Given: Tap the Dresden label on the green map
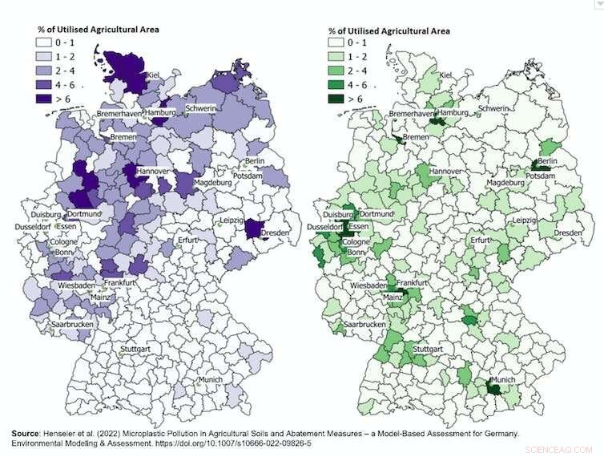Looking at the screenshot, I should pyautogui.click(x=568, y=233).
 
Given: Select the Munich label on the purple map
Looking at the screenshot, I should pyautogui.click(x=211, y=378).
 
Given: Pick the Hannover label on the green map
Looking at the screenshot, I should pyautogui.click(x=445, y=172).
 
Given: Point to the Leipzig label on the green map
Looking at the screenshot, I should pyautogui.click(x=524, y=220).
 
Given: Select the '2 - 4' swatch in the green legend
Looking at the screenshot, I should pyautogui.click(x=341, y=71).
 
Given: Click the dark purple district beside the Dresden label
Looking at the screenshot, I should pyautogui.click(x=253, y=229).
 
